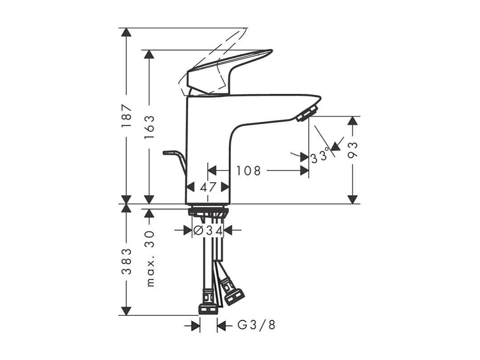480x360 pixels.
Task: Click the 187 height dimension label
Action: tap(127, 117)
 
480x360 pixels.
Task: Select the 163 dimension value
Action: tap(149, 127)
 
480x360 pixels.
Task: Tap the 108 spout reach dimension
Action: tap(248, 171)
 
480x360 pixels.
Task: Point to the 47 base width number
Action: tap(208, 187)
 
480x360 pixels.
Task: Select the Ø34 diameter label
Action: tap(208, 230)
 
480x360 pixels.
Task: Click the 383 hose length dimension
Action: tap(127, 261)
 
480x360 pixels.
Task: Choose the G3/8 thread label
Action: tap(256, 326)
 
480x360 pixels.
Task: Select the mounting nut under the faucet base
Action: tap(208, 211)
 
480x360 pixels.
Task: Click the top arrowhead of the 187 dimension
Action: tap(127, 33)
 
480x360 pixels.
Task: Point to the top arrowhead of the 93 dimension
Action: tap(353, 121)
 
